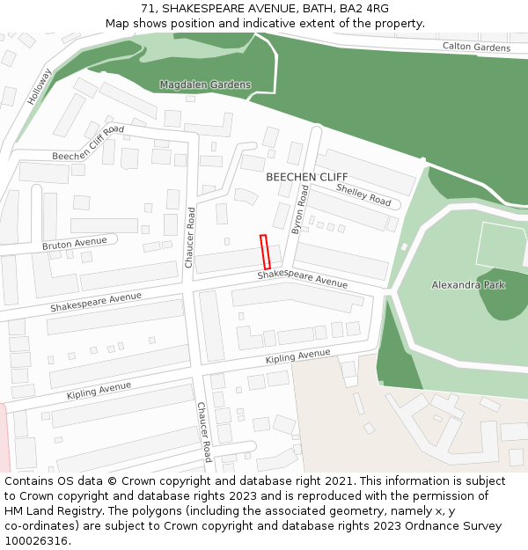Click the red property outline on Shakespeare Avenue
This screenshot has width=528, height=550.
(264, 252)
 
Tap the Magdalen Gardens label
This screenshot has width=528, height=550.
(205, 85)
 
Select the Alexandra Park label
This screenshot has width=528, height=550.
(468, 285)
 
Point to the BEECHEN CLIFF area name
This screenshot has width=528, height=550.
(307, 177)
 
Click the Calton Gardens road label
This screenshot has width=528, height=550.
(475, 47)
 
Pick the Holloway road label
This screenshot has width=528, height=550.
(40, 87)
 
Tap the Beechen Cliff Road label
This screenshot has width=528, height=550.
(88, 143)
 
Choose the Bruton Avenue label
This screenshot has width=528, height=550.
(74, 243)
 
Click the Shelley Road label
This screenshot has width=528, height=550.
(363, 195)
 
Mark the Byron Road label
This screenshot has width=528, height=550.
(301, 209)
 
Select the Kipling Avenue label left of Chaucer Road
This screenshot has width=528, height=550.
(99, 391)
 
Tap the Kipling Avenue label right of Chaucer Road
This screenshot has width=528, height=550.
(298, 357)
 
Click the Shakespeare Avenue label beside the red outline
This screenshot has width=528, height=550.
(303, 280)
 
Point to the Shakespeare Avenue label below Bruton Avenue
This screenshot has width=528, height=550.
(96, 302)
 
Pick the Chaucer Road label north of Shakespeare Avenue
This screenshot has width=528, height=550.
(190, 238)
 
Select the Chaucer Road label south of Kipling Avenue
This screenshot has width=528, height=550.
(204, 432)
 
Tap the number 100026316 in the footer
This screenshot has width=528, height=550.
(36, 541)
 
